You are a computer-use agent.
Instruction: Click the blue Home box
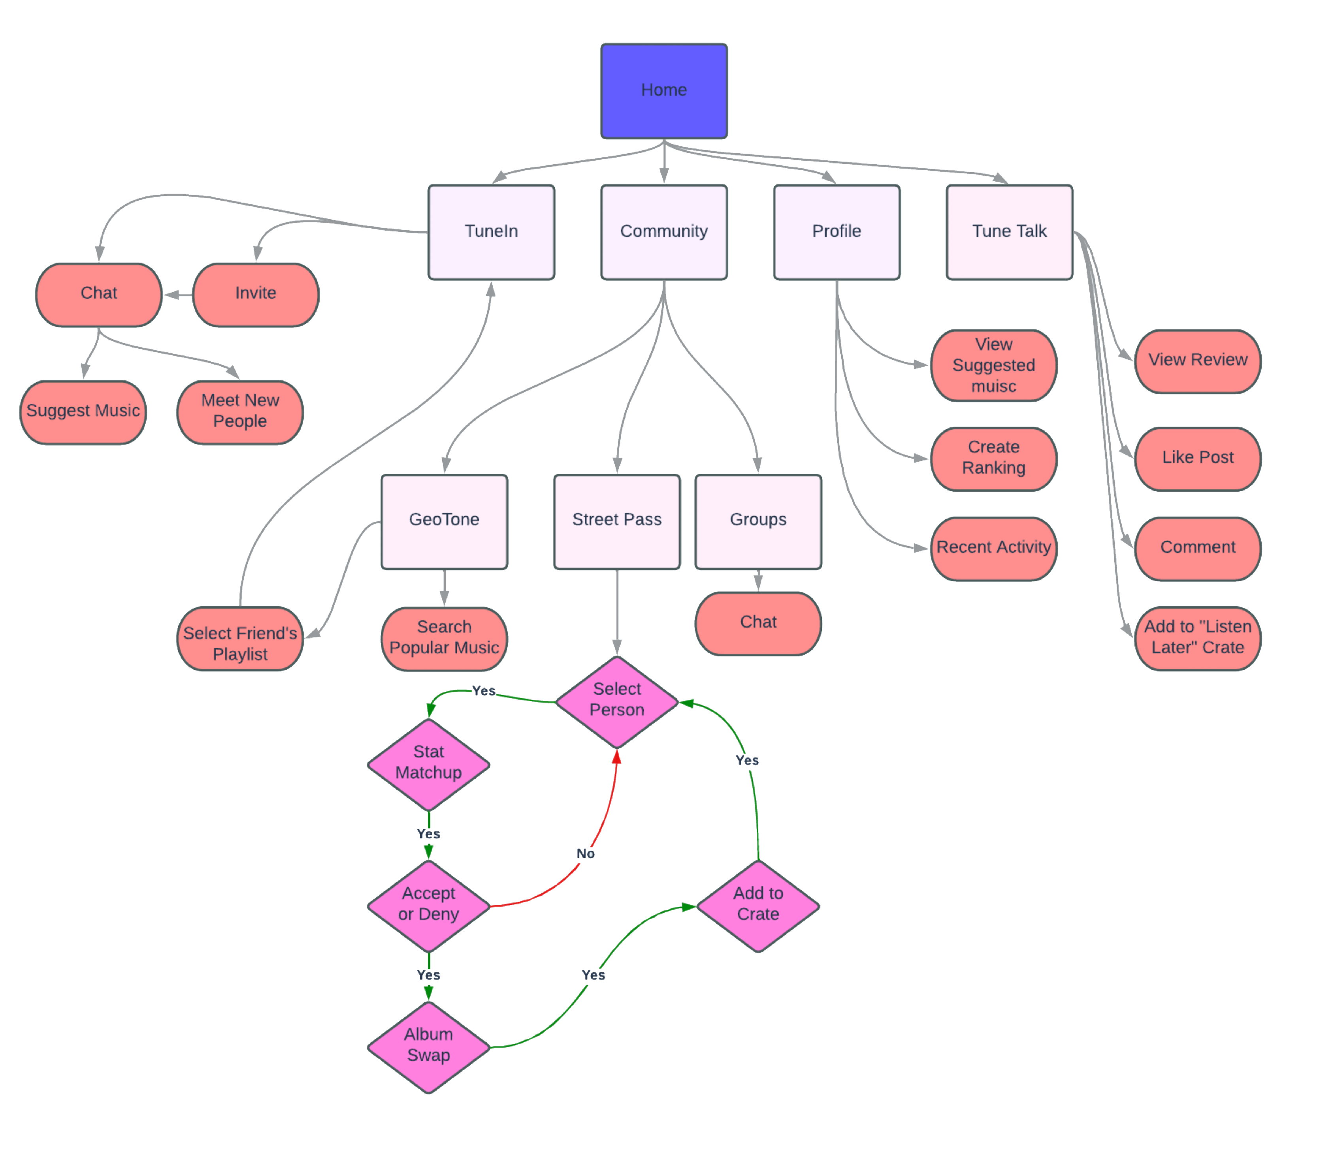664,91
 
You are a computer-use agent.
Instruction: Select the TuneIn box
491,231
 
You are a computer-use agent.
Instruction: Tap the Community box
664,231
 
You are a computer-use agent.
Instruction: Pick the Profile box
836,231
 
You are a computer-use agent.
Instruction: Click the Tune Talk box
1009,231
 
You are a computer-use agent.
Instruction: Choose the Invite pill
255,294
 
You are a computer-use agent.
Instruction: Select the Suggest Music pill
83,412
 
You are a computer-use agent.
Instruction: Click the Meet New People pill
240,412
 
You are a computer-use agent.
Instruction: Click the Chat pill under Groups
758,623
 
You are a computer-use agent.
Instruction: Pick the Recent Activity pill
993,548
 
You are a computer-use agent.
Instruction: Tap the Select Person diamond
617,701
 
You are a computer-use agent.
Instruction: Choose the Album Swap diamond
428,1046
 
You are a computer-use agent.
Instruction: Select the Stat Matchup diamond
428,764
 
